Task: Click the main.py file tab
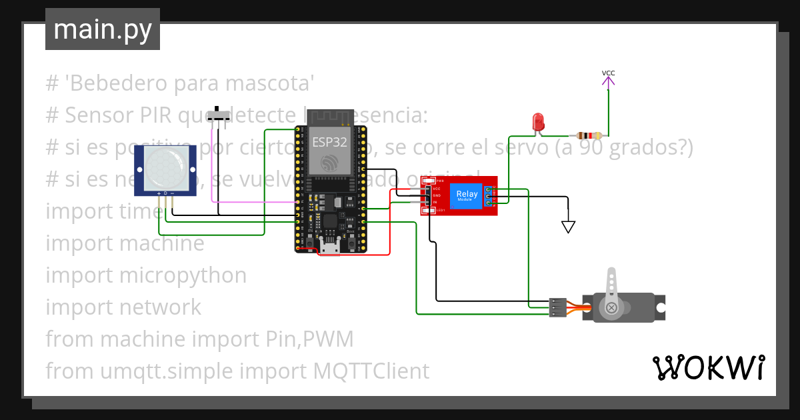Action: tap(102, 30)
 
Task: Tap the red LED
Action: tap(538, 122)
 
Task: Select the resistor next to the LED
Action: tap(589, 135)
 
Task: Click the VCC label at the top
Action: tap(608, 73)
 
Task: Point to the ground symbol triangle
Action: tap(568, 227)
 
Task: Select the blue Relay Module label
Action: tap(465, 195)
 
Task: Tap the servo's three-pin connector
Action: tap(557, 307)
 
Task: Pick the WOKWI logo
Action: tap(708, 367)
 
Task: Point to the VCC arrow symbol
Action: tap(608, 82)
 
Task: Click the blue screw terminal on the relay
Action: tap(489, 195)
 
